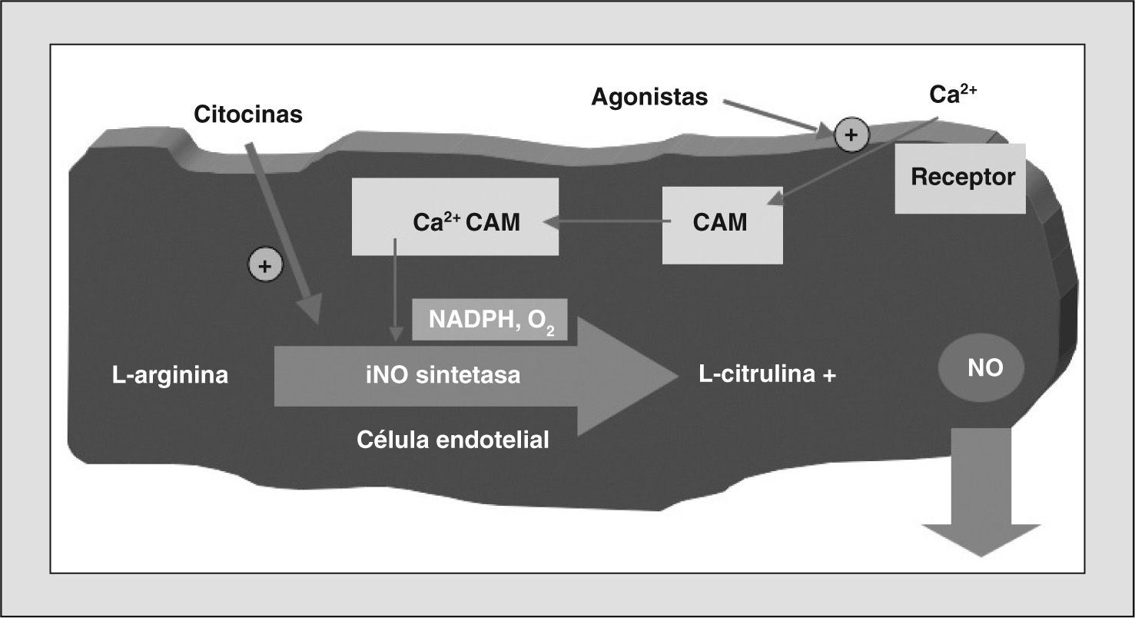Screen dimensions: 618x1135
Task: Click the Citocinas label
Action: (x=248, y=115)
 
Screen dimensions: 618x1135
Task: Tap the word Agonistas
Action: (x=649, y=97)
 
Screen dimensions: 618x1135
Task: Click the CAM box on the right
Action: (x=722, y=223)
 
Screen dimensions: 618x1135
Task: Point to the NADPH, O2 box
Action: (x=490, y=320)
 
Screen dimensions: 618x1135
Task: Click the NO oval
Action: (x=981, y=368)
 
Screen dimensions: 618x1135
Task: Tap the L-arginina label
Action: (x=170, y=375)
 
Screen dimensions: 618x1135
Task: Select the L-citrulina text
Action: (x=757, y=375)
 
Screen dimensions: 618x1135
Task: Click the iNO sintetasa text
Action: (x=443, y=375)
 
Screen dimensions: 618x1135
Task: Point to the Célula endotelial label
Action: (x=453, y=440)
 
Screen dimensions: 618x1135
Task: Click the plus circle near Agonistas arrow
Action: (x=851, y=135)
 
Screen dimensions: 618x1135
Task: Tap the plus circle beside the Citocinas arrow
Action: (x=265, y=266)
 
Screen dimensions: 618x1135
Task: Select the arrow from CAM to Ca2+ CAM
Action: (x=607, y=222)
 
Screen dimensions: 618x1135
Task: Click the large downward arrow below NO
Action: (x=981, y=492)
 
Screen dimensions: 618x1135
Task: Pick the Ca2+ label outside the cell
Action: (x=953, y=95)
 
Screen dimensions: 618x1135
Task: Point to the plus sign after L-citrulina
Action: (x=828, y=376)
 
